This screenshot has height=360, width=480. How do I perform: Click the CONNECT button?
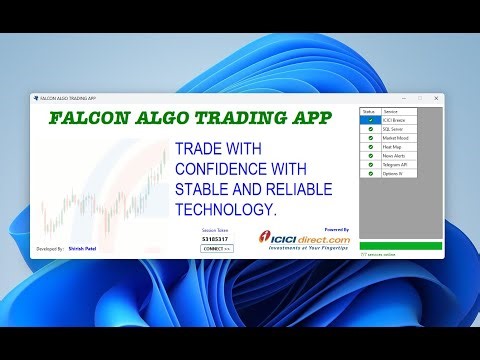(x=216, y=248)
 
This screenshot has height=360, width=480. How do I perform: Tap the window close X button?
(x=436, y=98)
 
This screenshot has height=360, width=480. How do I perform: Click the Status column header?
(x=368, y=110)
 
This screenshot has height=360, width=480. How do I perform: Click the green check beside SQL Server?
(x=370, y=128)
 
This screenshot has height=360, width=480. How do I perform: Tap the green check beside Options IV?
(x=370, y=174)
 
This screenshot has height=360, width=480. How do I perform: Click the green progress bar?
(x=400, y=246)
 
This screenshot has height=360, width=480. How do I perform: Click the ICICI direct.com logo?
(x=306, y=240)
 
